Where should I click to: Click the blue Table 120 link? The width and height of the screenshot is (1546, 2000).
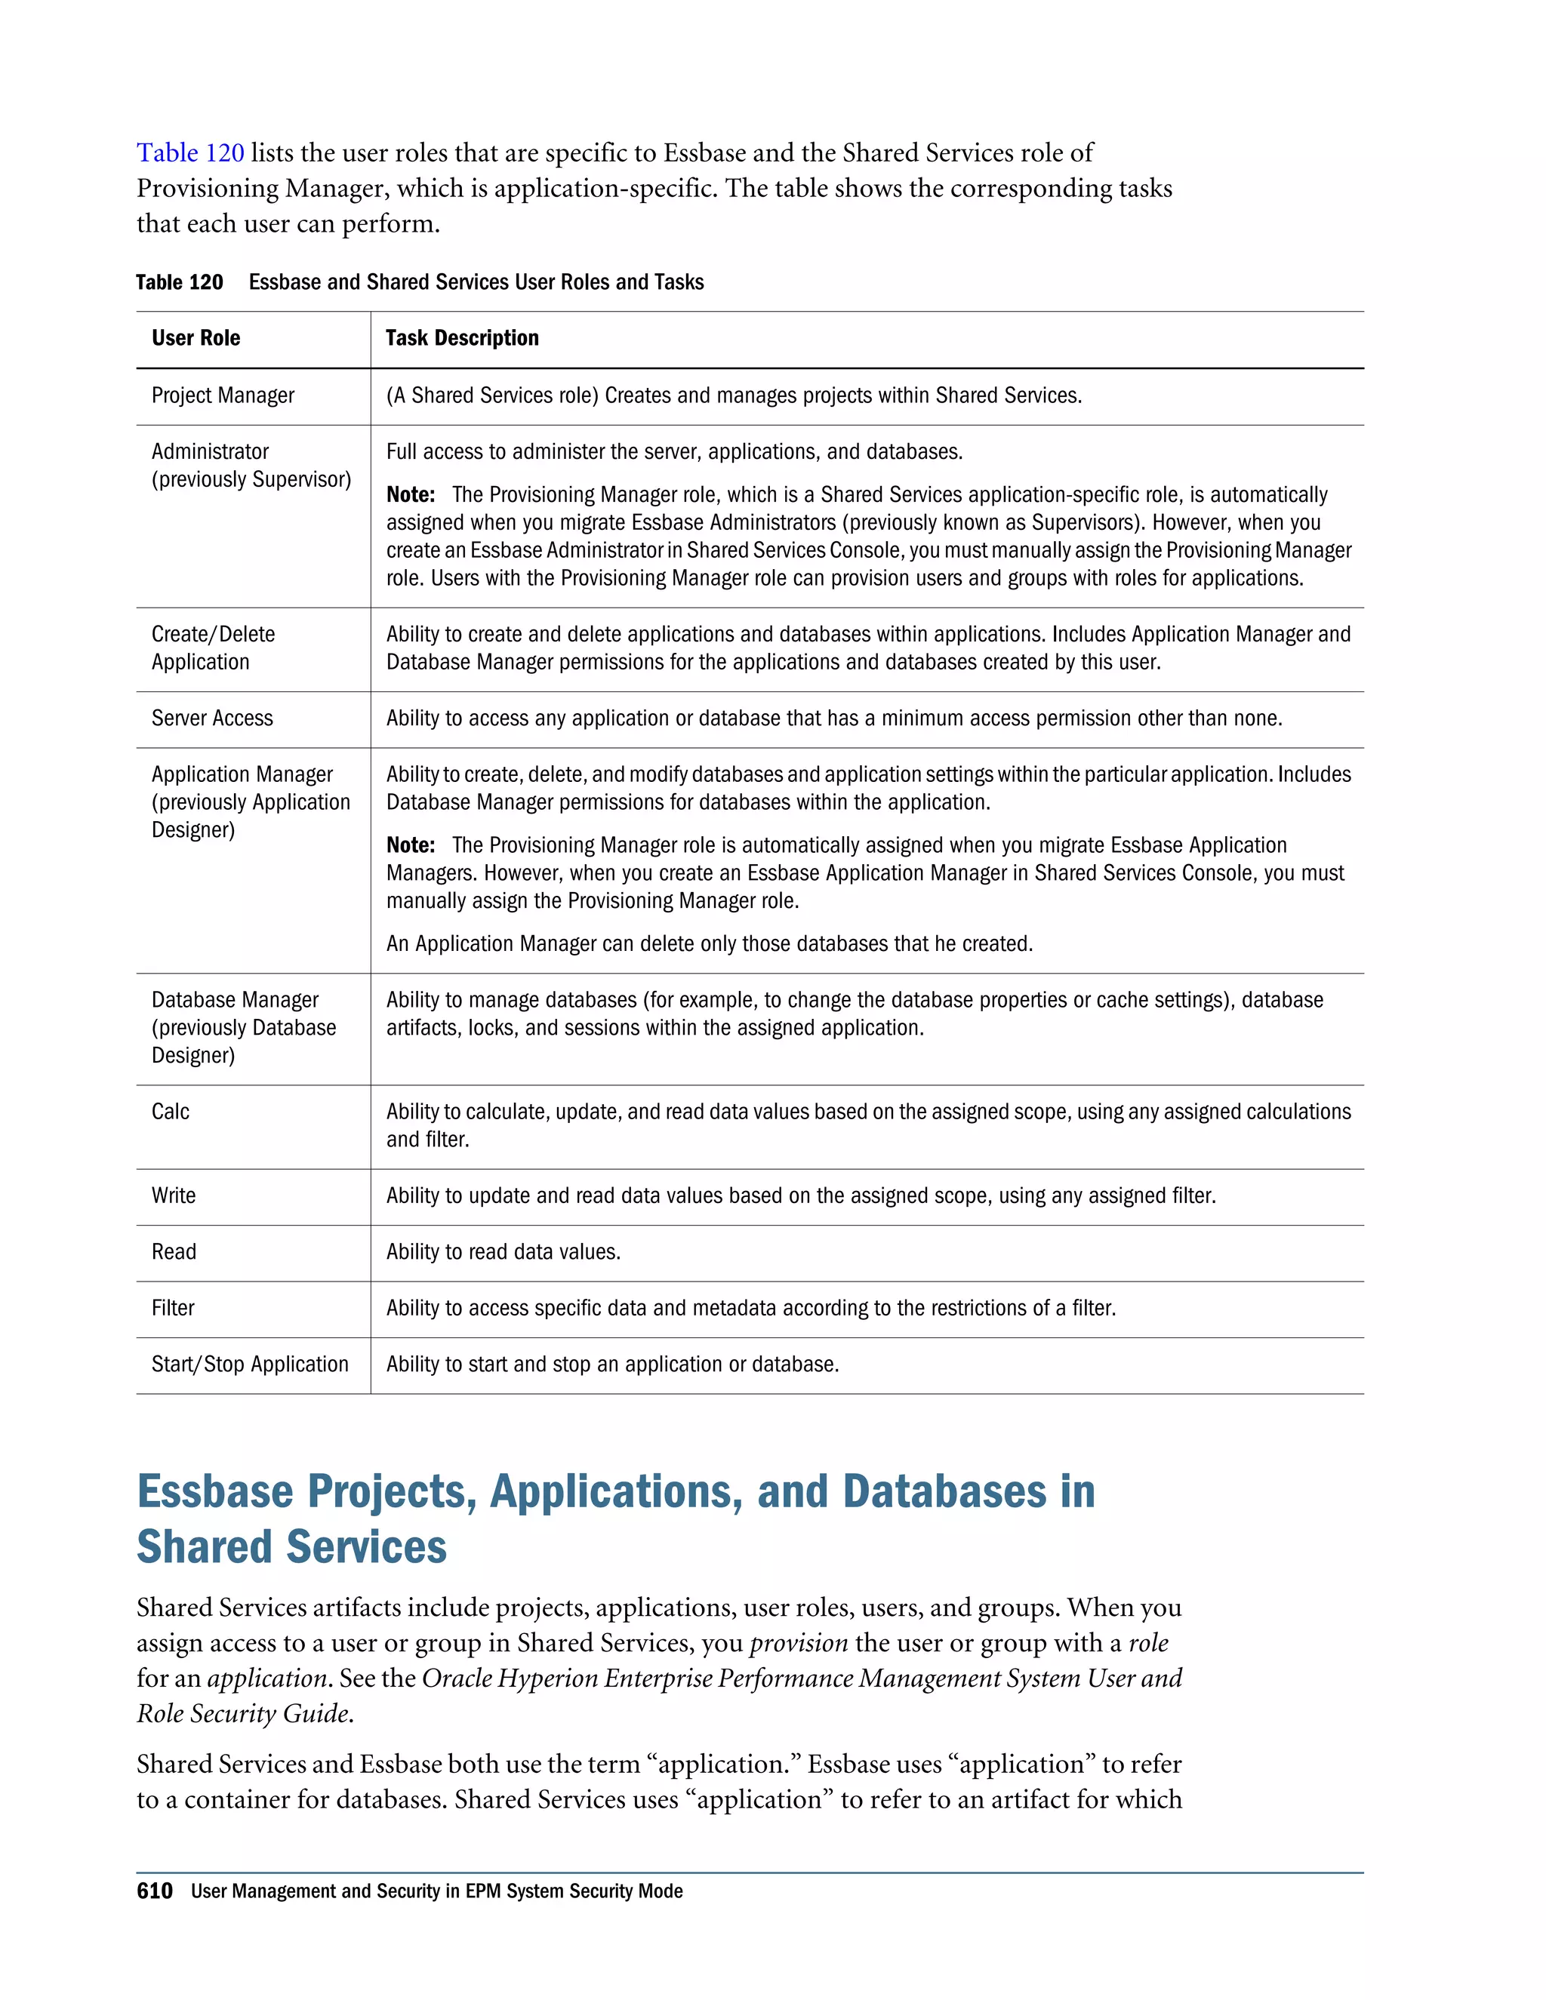tap(190, 153)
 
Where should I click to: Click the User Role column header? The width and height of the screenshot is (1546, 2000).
tap(196, 339)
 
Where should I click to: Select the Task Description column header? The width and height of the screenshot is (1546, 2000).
tap(461, 339)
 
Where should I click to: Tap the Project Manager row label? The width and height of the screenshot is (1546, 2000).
tap(223, 395)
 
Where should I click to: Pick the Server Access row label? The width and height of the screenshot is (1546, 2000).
tap(211, 718)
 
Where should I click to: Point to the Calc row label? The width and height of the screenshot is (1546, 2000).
tap(171, 1112)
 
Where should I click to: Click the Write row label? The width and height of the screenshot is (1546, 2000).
tap(173, 1196)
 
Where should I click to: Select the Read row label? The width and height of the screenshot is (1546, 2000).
tap(173, 1252)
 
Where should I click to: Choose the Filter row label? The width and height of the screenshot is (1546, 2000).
tap(172, 1309)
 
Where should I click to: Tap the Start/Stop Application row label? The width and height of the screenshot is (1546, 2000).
tap(249, 1365)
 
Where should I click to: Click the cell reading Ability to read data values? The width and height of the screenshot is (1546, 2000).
tap(503, 1252)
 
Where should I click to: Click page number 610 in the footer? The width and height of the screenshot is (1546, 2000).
tap(154, 1891)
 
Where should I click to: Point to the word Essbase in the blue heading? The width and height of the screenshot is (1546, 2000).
tap(214, 1492)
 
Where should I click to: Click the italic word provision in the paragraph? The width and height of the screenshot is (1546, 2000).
tap(798, 1643)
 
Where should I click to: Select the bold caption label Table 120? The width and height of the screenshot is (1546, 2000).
tap(179, 282)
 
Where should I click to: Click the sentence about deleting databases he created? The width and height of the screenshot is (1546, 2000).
tap(709, 944)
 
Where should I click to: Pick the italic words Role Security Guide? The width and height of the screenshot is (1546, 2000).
tap(244, 1713)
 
